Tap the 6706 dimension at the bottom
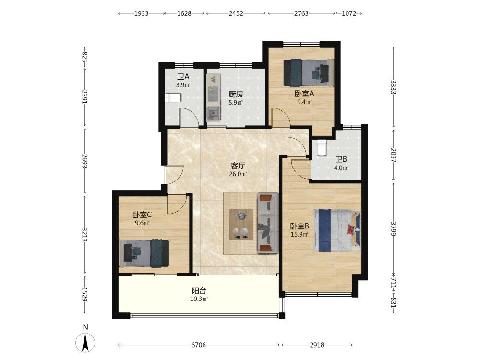click(198, 345)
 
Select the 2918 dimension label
click(317, 345)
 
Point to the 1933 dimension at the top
click(142, 13)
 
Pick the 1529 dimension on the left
click(85, 294)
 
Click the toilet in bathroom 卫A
click(173, 98)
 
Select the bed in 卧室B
click(337, 230)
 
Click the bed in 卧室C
click(144, 253)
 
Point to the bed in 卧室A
click(309, 72)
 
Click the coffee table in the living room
click(241, 224)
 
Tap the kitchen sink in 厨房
click(213, 114)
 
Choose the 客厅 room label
click(238, 166)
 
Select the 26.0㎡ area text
click(238, 174)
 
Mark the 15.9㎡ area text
click(300, 235)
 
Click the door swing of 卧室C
click(178, 204)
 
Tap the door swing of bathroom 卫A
click(189, 117)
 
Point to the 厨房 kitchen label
click(236, 94)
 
